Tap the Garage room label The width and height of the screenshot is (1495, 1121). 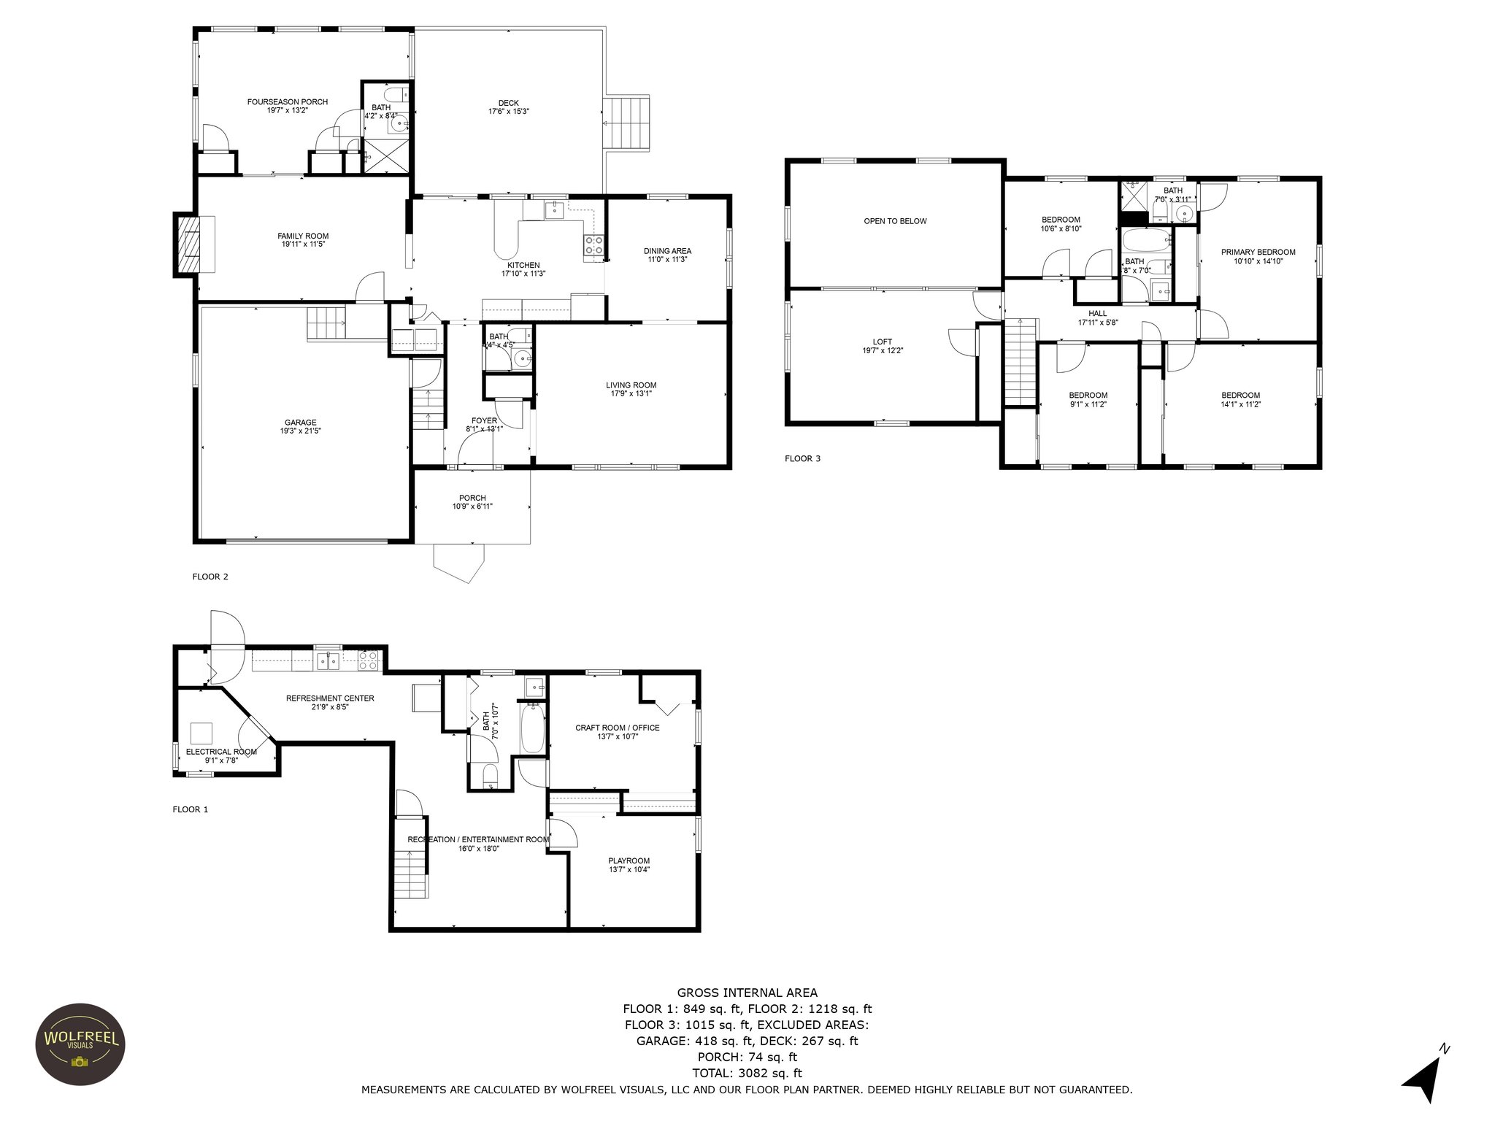click(300, 423)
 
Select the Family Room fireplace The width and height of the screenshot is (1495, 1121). click(186, 244)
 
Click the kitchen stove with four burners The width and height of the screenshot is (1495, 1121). click(593, 246)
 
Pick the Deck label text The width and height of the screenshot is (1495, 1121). click(509, 103)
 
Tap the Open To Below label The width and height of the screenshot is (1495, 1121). click(895, 221)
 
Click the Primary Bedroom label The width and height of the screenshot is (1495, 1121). click(1258, 253)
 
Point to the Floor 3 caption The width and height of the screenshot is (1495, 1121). click(802, 458)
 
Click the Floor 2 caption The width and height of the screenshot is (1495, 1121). click(210, 577)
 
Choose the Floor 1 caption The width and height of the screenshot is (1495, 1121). click(191, 809)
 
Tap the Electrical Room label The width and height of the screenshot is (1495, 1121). click(221, 752)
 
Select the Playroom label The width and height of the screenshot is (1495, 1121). click(629, 860)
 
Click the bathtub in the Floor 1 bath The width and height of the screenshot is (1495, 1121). click(532, 727)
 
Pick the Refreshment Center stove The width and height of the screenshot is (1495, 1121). click(368, 661)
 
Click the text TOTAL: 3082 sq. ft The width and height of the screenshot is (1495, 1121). click(747, 1073)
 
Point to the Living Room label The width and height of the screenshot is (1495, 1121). click(631, 385)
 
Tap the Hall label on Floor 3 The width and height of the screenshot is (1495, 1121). click(1098, 314)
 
